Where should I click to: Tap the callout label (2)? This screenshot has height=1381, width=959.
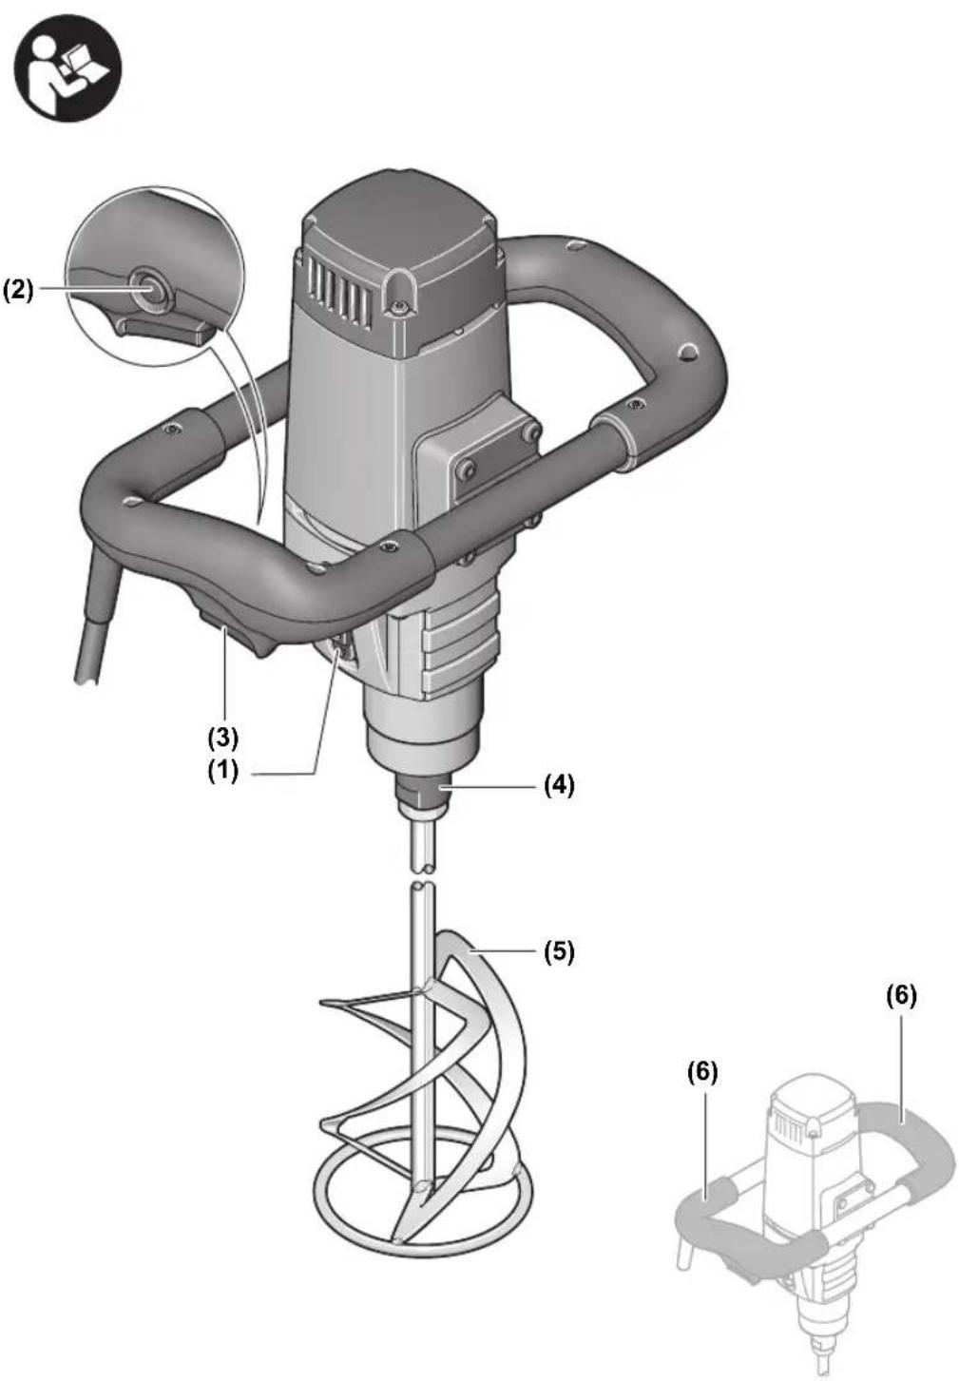[x=18, y=290]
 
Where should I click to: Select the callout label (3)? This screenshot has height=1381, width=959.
[x=224, y=737]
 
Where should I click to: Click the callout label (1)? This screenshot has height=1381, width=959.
[x=223, y=772]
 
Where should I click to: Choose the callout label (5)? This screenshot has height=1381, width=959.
[x=559, y=952]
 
